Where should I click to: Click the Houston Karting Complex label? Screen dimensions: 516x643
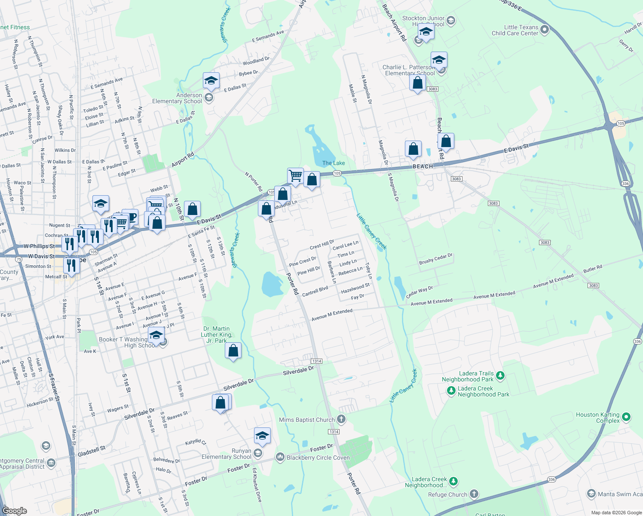[597, 418]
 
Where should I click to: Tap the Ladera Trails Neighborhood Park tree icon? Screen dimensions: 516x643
[500, 376]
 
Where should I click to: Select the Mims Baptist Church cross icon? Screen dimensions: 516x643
[341, 419]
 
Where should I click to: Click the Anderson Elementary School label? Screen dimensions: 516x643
[177, 98]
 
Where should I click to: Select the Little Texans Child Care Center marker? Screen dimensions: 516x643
[545, 30]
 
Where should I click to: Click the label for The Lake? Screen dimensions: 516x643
[334, 163]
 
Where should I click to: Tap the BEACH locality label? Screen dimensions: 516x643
[423, 166]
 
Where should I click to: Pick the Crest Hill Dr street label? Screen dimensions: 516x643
[322, 244]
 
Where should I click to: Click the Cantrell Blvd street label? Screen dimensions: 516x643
[315, 292]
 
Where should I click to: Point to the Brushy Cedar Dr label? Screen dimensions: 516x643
[435, 259]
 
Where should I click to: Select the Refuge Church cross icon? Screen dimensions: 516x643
[474, 494]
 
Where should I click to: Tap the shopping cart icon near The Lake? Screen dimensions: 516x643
[295, 175]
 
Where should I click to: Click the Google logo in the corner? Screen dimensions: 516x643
[15, 510]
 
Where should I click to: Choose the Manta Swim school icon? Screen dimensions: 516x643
[591, 494]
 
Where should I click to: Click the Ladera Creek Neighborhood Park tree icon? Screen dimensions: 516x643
[451, 391]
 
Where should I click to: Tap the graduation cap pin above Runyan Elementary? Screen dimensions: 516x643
[262, 436]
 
